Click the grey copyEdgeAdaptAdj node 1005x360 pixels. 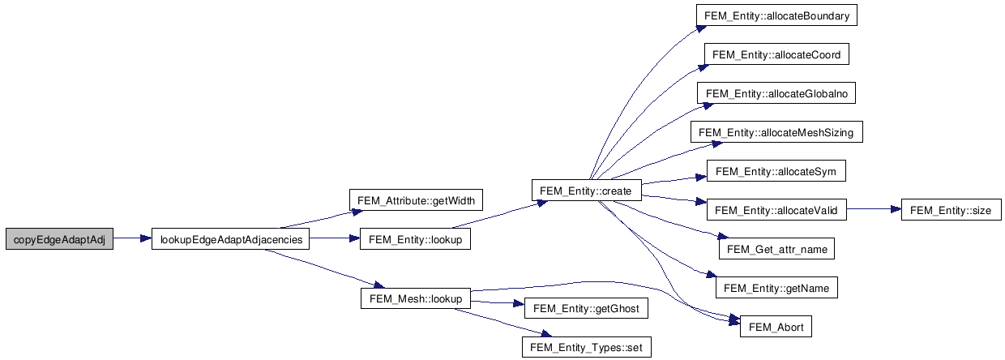click(x=59, y=240)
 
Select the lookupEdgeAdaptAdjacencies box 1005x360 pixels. click(x=231, y=240)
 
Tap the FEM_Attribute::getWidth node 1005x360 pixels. click(x=416, y=200)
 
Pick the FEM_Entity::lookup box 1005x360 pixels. click(x=415, y=240)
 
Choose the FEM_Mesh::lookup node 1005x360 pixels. click(x=415, y=299)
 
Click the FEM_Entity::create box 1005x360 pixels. click(x=585, y=191)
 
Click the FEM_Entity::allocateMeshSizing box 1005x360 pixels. click(x=776, y=132)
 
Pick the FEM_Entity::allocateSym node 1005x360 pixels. click(x=776, y=172)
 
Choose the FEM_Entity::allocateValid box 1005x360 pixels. click(x=776, y=211)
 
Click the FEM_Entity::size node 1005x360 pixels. click(x=951, y=211)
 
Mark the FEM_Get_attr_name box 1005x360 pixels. click(x=776, y=250)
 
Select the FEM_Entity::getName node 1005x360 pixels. click(x=776, y=289)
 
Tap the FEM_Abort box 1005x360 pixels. click(x=776, y=328)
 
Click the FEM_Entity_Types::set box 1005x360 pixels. click(x=586, y=348)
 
